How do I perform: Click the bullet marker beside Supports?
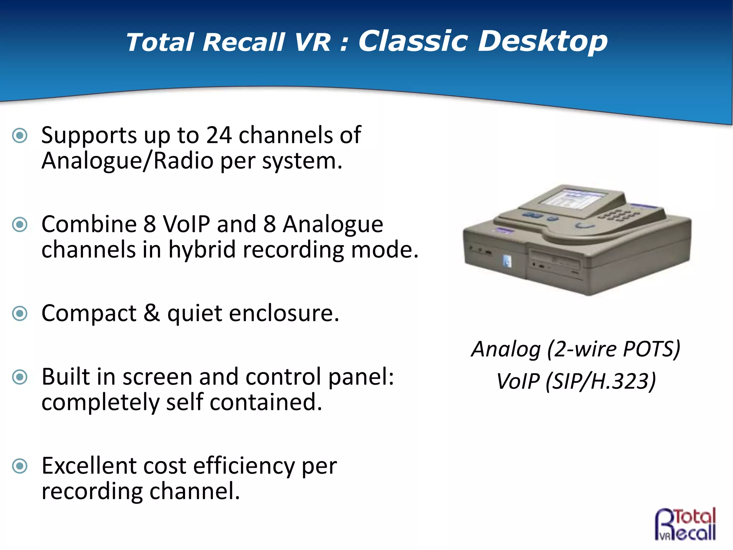20,136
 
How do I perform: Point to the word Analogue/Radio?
127,161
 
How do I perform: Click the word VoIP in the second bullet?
186,225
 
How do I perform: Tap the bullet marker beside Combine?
20,225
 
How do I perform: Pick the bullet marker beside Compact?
20,314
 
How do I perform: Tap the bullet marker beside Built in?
20,377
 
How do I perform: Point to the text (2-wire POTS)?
613,349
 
